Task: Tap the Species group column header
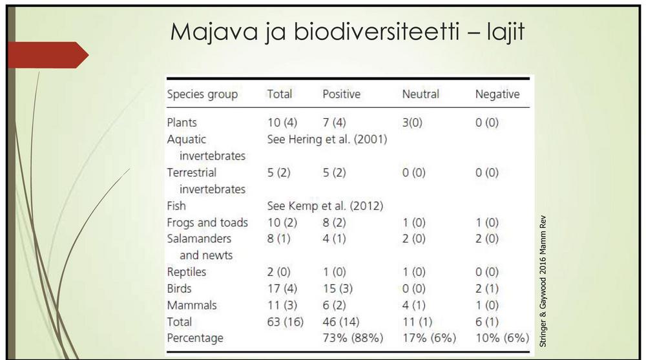[202, 94]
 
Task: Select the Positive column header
[341, 94]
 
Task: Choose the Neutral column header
[420, 94]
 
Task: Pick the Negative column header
[497, 94]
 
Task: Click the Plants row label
[182, 123]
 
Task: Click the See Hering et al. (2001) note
[327, 139]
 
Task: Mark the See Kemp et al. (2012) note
[325, 206]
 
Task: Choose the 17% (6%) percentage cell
[428, 338]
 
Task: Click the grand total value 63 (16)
[285, 322]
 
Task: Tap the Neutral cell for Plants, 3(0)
[412, 123]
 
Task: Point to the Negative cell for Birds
[487, 289]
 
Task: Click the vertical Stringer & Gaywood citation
[542, 279]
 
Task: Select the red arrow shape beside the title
[49, 54]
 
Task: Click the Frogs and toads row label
[207, 223]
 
